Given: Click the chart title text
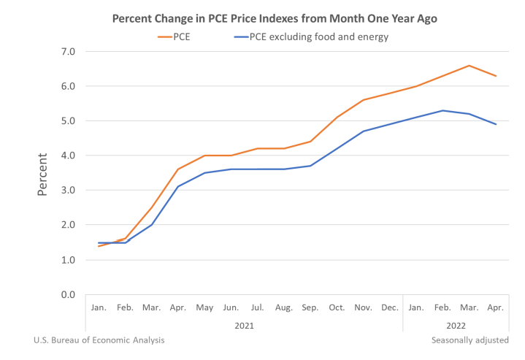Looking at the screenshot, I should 275,18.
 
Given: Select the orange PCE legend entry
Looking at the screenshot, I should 177,36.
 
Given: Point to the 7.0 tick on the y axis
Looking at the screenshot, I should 68,52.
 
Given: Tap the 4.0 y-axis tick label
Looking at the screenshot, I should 68,156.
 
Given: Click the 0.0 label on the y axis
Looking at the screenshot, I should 68,295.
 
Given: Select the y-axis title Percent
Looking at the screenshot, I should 43,173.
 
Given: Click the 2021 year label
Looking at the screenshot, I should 245,325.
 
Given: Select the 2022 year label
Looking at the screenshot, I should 455,325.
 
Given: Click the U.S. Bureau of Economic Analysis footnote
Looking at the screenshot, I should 99,340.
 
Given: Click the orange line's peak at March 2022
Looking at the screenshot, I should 469,66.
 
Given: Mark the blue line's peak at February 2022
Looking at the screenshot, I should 442,110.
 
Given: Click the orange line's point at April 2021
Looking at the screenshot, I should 178,169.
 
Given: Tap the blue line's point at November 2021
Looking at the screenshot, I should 363,131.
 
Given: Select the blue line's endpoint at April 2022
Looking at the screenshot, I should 496,124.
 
